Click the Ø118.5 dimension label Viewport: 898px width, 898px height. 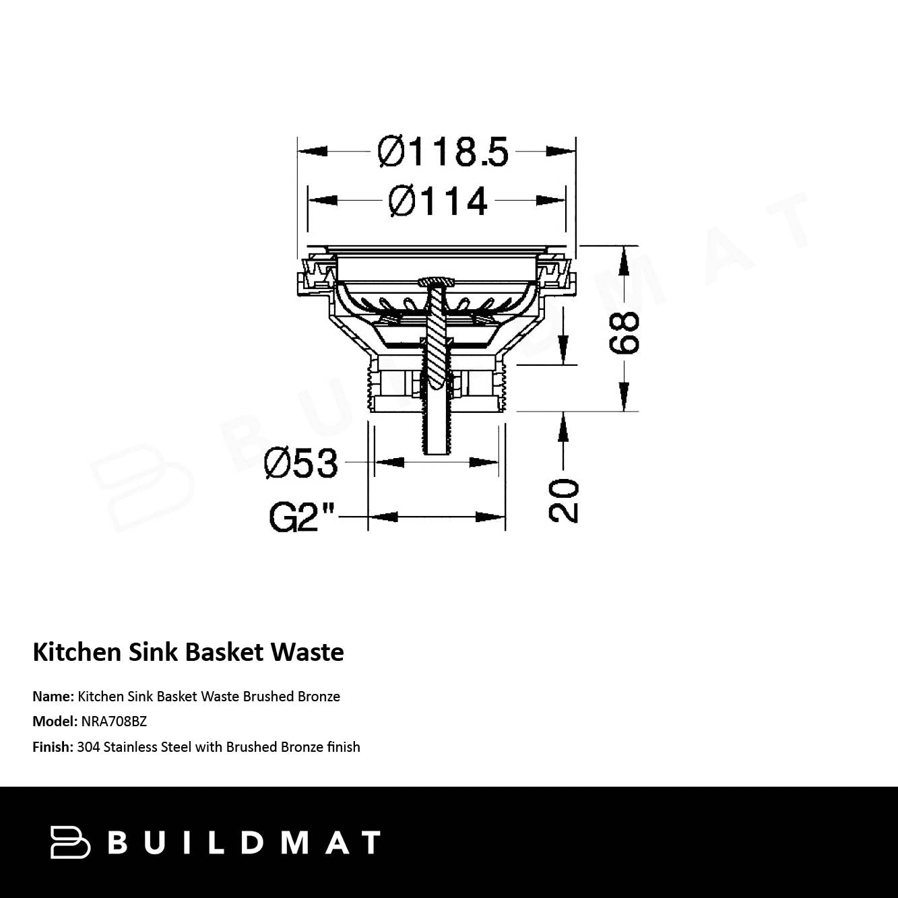[x=443, y=152]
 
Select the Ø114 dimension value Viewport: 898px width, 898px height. [x=438, y=201]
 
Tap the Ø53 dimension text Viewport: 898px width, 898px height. [x=300, y=463]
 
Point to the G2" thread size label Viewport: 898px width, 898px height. [x=302, y=517]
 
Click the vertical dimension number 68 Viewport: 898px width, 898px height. [x=624, y=333]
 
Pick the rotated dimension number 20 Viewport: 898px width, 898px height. [x=563, y=501]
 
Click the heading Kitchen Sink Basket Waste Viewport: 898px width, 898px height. [x=188, y=652]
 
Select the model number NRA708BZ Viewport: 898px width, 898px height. [x=114, y=721]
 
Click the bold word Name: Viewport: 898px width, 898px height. [x=53, y=696]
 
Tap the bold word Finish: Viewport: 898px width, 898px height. [x=53, y=747]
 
